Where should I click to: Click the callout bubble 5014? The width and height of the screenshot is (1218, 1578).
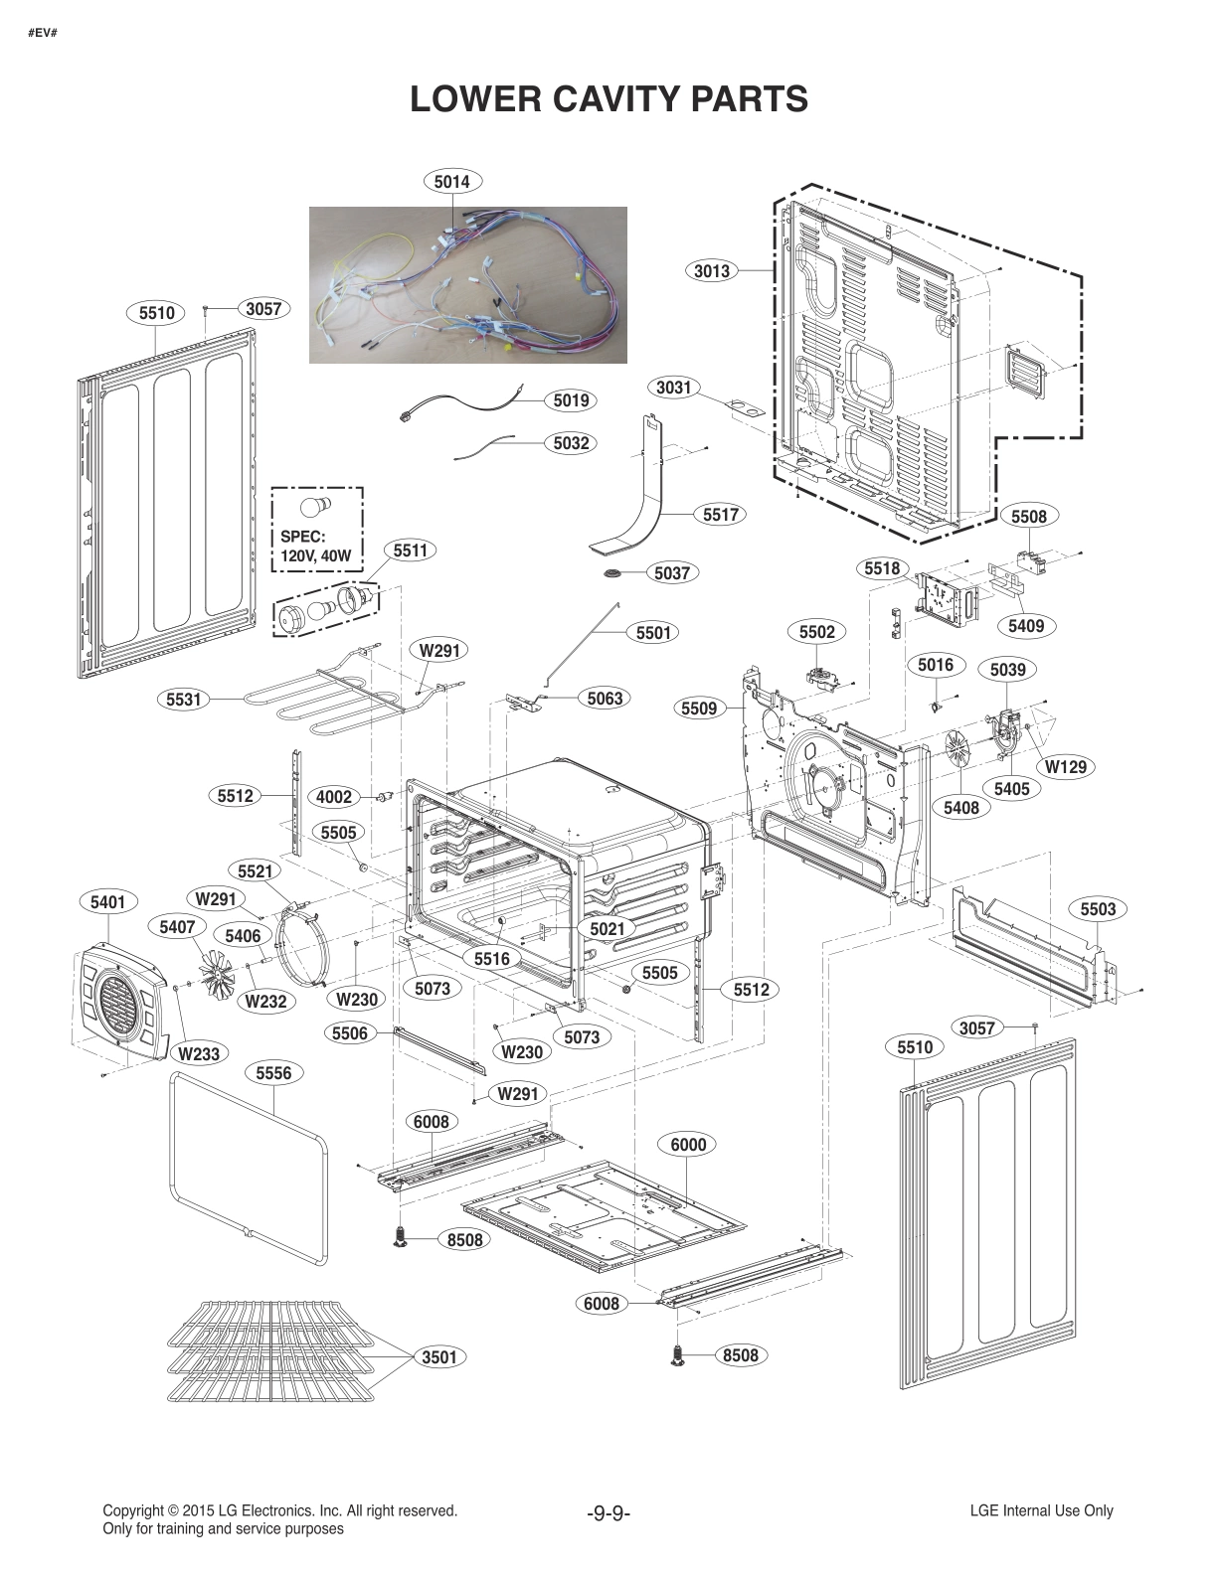pos(452,181)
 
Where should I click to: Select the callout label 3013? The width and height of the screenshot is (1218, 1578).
pos(712,270)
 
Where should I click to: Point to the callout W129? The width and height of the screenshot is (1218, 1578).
pos(1065,766)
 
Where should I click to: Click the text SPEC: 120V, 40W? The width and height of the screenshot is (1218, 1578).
pos(315,547)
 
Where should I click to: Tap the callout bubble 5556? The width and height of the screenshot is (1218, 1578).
pos(273,1073)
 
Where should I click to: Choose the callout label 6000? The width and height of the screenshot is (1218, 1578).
pos(688,1144)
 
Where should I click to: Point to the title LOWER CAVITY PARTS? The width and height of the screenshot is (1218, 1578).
pos(609,99)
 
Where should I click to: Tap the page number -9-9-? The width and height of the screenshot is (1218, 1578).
pos(609,1513)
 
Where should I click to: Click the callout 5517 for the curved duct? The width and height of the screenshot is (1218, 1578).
pos(720,514)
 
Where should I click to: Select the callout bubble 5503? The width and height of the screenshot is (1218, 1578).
pos(1098,908)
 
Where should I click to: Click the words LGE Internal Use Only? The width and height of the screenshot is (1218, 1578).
pos(1041,1510)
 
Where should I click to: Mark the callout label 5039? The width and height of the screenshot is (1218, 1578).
pos(1007,669)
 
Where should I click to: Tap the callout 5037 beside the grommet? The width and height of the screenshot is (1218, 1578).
pos(672,572)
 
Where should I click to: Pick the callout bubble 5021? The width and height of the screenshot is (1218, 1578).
pos(607,928)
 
